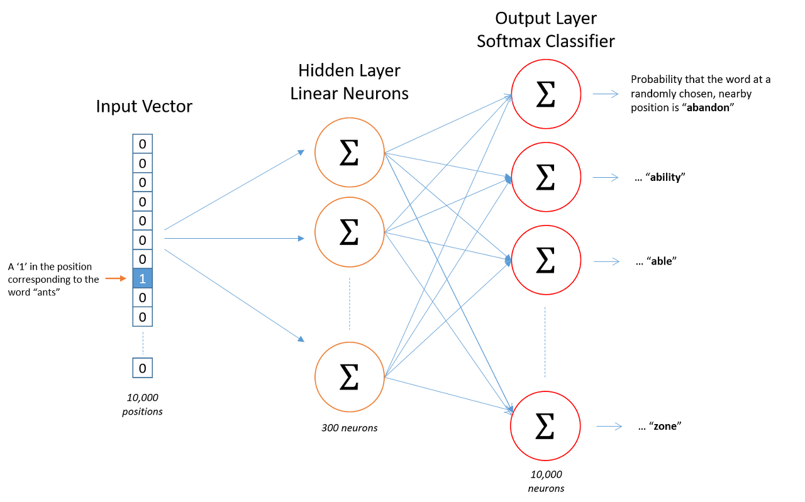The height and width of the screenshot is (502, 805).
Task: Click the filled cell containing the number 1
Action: click(x=142, y=278)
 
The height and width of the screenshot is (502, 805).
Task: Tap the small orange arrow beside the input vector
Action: click(x=116, y=278)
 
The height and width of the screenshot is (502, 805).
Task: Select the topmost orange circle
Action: click(x=350, y=152)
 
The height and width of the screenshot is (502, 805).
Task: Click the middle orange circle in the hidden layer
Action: click(x=350, y=232)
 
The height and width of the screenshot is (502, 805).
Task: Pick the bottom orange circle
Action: click(x=350, y=377)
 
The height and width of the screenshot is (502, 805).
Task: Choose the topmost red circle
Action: click(x=545, y=94)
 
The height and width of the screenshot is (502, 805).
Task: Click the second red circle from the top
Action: click(x=545, y=177)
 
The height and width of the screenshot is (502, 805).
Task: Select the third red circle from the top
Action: click(x=545, y=260)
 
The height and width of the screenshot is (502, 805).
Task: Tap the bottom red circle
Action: click(x=545, y=426)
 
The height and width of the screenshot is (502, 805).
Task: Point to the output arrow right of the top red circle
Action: click(x=606, y=94)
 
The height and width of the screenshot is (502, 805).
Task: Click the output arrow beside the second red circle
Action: click(x=606, y=178)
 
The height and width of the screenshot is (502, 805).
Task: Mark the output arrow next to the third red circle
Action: click(x=606, y=261)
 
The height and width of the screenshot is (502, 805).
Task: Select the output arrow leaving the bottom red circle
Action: click(x=609, y=427)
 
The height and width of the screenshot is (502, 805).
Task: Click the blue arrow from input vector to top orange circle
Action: click(x=234, y=190)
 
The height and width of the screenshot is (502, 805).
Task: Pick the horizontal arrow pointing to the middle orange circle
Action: click(x=234, y=238)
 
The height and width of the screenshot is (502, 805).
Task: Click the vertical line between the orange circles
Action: click(x=350, y=304)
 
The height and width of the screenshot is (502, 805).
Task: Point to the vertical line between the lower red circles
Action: click(x=545, y=342)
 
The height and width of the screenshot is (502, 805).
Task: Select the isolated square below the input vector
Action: click(x=142, y=368)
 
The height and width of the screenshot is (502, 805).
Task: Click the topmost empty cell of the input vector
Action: click(x=142, y=143)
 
